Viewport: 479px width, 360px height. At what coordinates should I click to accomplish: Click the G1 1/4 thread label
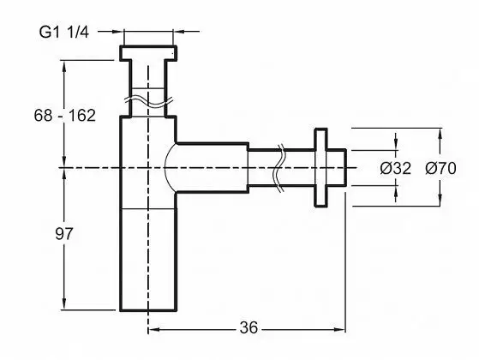coord(64,32)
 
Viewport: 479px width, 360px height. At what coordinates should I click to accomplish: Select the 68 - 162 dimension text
coord(65,116)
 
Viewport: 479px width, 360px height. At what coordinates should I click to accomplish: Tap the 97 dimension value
coord(64,234)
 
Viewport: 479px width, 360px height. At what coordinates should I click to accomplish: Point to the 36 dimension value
coord(248,328)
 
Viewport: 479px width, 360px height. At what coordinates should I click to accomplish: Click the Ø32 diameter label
coord(396,168)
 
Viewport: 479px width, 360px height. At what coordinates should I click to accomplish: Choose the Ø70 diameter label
coord(440,168)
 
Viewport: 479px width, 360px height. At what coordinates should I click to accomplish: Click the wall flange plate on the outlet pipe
coord(320,167)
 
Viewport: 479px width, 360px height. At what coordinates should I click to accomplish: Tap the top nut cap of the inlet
coord(148,53)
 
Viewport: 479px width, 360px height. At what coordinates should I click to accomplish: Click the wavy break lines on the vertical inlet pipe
coord(148,102)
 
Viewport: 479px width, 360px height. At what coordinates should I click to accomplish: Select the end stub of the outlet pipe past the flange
coord(337,167)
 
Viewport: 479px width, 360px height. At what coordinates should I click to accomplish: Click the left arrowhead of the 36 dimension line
coord(153,329)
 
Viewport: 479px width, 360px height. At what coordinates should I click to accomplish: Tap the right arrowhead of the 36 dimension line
coord(339,329)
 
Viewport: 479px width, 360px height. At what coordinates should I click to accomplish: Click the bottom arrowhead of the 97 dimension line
coord(64,304)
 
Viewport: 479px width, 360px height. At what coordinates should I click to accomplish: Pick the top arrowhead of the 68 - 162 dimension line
coord(64,66)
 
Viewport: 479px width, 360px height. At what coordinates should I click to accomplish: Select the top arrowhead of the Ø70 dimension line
coord(440,134)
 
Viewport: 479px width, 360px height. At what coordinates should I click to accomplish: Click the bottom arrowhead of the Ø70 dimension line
coord(440,201)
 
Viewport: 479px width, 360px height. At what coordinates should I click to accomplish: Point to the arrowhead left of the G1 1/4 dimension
coord(117,31)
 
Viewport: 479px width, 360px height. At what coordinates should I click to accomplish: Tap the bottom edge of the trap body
coord(148,310)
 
